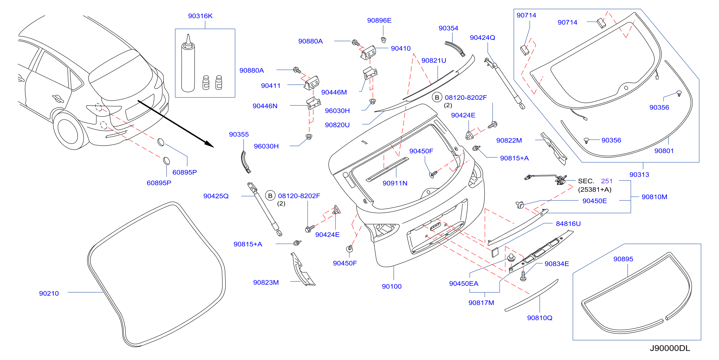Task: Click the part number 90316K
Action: tap(200, 16)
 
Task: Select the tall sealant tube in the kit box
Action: tap(188, 63)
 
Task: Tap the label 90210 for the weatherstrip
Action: tap(49, 293)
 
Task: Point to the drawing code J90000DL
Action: tap(670, 348)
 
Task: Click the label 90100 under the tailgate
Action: tap(392, 286)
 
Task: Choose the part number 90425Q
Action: tap(216, 196)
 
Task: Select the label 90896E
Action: tap(379, 20)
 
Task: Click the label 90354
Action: tap(448, 28)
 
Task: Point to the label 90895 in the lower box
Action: tap(623, 259)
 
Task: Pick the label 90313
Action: tap(639, 174)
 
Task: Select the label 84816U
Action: tap(568, 223)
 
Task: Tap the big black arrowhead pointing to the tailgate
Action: tap(209, 144)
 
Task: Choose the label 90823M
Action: tap(266, 282)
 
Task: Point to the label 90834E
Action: tap(557, 264)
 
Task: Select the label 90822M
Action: tap(509, 140)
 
